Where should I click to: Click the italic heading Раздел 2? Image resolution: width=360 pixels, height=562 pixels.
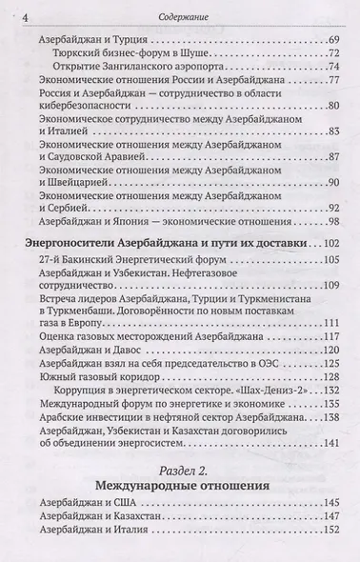click(180, 493)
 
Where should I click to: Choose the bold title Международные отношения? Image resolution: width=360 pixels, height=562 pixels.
click(180, 510)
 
